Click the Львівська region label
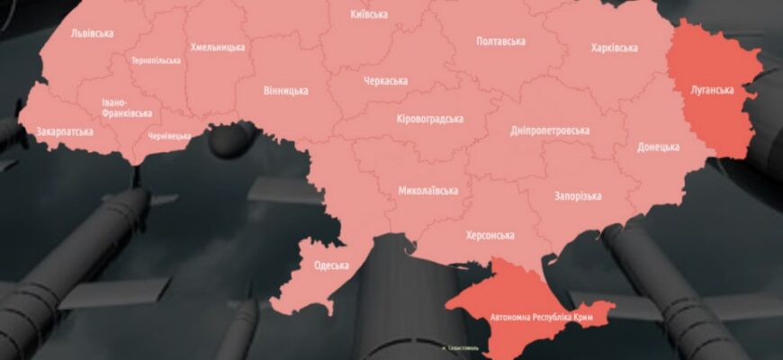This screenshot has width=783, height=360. pyautogui.click(x=91, y=33)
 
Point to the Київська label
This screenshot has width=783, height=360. pyautogui.click(x=369, y=14)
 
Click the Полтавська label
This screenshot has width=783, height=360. pyautogui.click(x=500, y=41)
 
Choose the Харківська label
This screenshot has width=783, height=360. pyautogui.click(x=614, y=48)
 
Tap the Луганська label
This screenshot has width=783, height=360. pyautogui.click(x=712, y=90)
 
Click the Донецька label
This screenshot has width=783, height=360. pyautogui.click(x=658, y=147)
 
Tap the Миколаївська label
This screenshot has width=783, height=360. pyautogui.click(x=427, y=191)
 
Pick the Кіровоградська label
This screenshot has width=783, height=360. pyautogui.click(x=429, y=119)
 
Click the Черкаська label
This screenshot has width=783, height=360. pyautogui.click(x=385, y=81)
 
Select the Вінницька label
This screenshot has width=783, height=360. pyautogui.click(x=286, y=90)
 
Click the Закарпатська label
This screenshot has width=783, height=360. pyautogui.click(x=65, y=131)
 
